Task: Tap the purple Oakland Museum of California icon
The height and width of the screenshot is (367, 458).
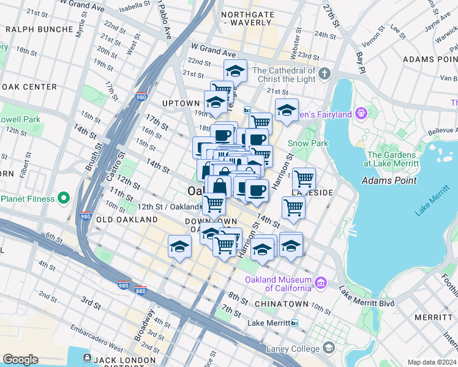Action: coord(320,282)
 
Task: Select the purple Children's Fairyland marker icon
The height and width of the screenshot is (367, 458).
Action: coord(361,114)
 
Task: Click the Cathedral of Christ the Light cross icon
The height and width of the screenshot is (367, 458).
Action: coord(325,74)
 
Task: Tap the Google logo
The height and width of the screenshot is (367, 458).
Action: coord(21,360)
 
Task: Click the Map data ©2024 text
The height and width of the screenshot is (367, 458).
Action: coord(432,362)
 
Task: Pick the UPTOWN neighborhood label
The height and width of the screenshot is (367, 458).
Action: coord(181,103)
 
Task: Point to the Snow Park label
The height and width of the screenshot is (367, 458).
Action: coord(308,143)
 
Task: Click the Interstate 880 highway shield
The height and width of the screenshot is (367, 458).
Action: coord(141,292)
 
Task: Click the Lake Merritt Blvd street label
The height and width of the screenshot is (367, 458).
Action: coord(368,297)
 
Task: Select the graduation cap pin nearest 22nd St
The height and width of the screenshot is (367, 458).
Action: coord(235,71)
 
